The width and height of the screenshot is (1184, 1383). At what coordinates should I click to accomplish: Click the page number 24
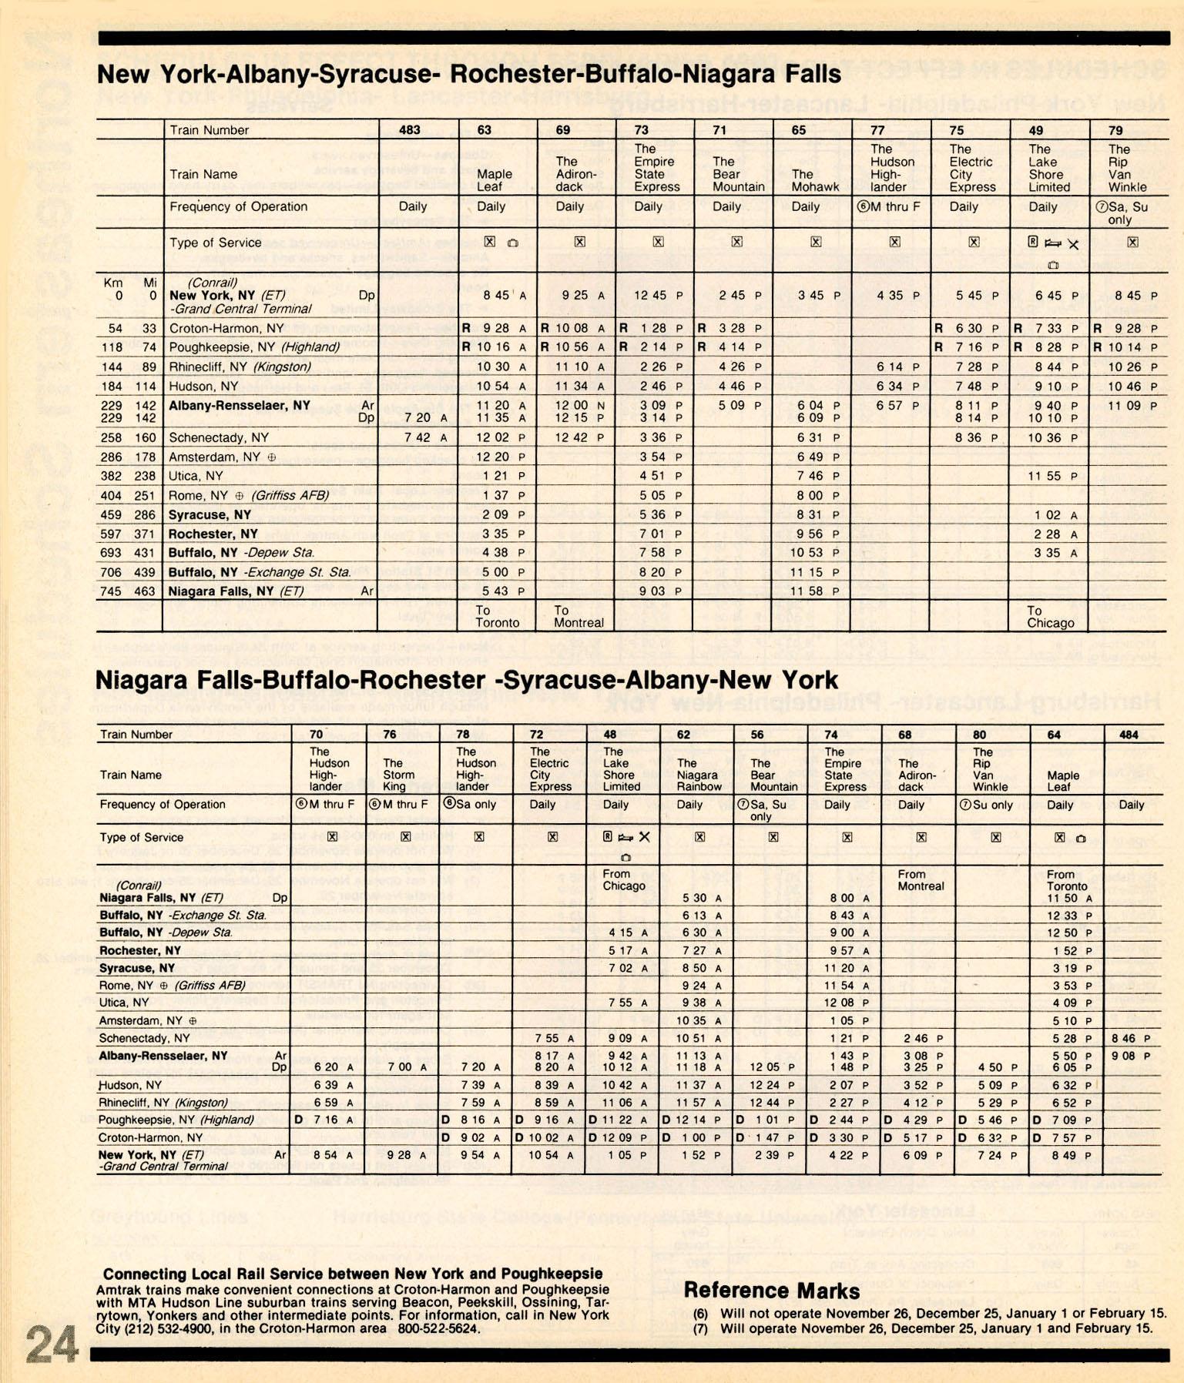[x=52, y=1344]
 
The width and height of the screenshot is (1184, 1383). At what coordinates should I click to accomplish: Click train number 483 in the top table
[x=409, y=130]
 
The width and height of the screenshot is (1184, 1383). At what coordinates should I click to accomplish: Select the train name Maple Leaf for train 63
[x=493, y=180]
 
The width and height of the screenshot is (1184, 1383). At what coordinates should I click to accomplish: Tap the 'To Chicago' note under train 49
[x=1049, y=617]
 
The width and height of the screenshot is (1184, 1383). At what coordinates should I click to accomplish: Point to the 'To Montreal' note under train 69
[x=578, y=616]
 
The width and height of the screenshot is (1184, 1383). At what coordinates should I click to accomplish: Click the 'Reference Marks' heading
[x=771, y=1290]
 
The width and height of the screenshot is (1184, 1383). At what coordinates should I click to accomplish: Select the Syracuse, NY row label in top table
[x=210, y=514]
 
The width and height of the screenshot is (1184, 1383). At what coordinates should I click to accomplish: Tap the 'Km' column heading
[x=113, y=283]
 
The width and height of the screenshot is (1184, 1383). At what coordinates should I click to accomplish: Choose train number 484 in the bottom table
[x=1129, y=735]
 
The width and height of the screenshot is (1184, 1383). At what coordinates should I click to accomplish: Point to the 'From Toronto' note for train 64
[x=1065, y=880]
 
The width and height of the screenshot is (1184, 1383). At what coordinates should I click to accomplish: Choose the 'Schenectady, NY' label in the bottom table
[x=145, y=1038]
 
